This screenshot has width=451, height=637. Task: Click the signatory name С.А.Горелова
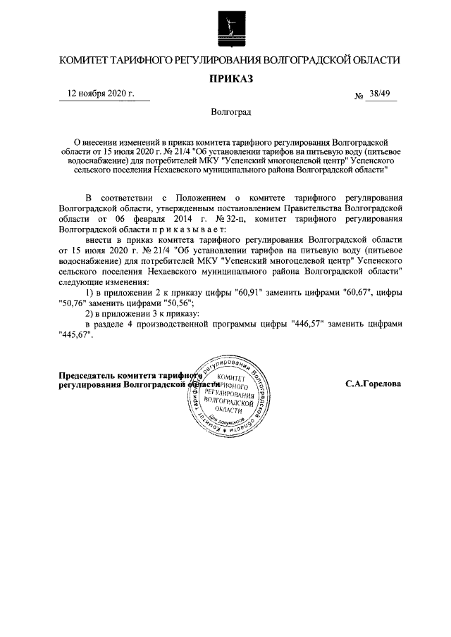point(372,385)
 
